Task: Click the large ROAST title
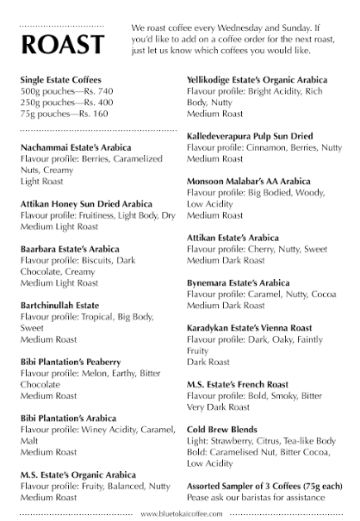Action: point(62,44)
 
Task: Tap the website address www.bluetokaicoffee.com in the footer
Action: point(182,513)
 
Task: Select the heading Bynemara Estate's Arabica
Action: point(239,282)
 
